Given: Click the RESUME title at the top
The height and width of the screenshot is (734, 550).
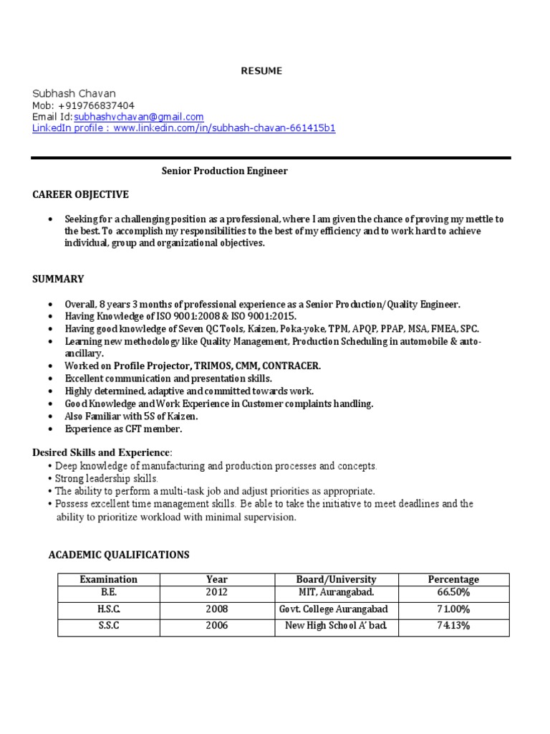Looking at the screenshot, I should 261,70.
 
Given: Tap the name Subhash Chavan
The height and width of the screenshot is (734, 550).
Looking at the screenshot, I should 74,93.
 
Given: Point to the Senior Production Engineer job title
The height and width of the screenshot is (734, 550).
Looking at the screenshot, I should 224,171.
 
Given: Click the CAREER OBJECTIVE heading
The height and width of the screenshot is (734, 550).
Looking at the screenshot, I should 80,194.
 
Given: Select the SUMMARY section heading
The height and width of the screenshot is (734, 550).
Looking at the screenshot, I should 58,279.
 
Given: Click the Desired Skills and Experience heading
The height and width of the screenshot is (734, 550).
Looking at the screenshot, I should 102,452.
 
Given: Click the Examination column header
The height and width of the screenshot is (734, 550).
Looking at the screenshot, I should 109,579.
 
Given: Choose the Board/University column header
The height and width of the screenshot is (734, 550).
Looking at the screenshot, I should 336,579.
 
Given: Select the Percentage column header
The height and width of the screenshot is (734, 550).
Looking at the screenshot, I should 453,579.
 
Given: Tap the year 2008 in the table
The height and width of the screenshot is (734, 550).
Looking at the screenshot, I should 216,609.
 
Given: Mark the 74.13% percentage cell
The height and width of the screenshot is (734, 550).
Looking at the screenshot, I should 453,626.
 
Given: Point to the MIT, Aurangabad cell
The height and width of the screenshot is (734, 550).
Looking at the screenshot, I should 336,593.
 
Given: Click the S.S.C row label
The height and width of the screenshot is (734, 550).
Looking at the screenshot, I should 109,626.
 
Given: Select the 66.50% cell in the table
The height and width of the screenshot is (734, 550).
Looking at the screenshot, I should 453,593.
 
